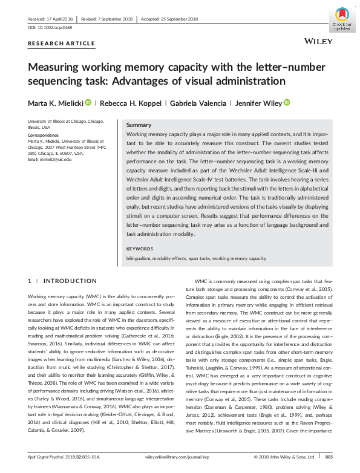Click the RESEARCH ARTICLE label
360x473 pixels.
tap(62, 44)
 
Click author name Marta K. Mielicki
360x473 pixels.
tap(56, 103)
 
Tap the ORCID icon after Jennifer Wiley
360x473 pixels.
tap(287, 103)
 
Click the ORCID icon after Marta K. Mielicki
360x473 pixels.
tap(88, 103)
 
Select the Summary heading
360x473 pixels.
tap(139, 124)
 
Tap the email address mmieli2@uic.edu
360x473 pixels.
tap(50, 159)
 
